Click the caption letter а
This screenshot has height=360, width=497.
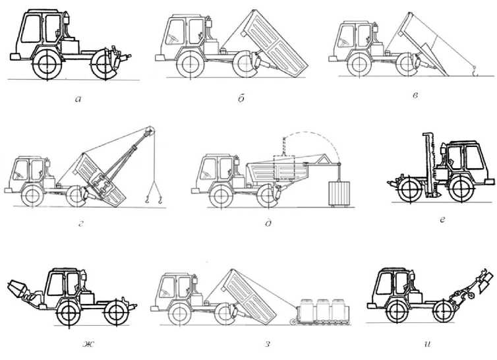tap(78, 100)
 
